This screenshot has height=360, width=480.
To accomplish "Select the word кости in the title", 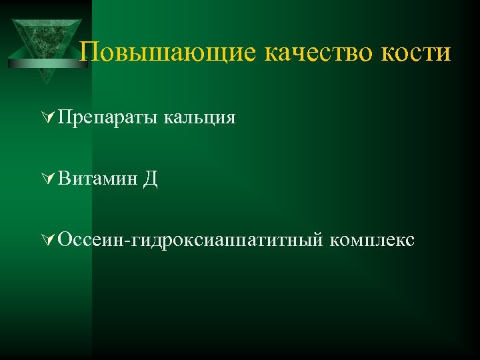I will click(416, 53).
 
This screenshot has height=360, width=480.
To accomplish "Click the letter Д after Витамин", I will click(150, 179).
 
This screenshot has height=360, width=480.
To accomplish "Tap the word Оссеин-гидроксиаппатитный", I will click(190, 239).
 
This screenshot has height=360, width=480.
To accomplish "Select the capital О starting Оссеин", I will click(65, 238).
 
